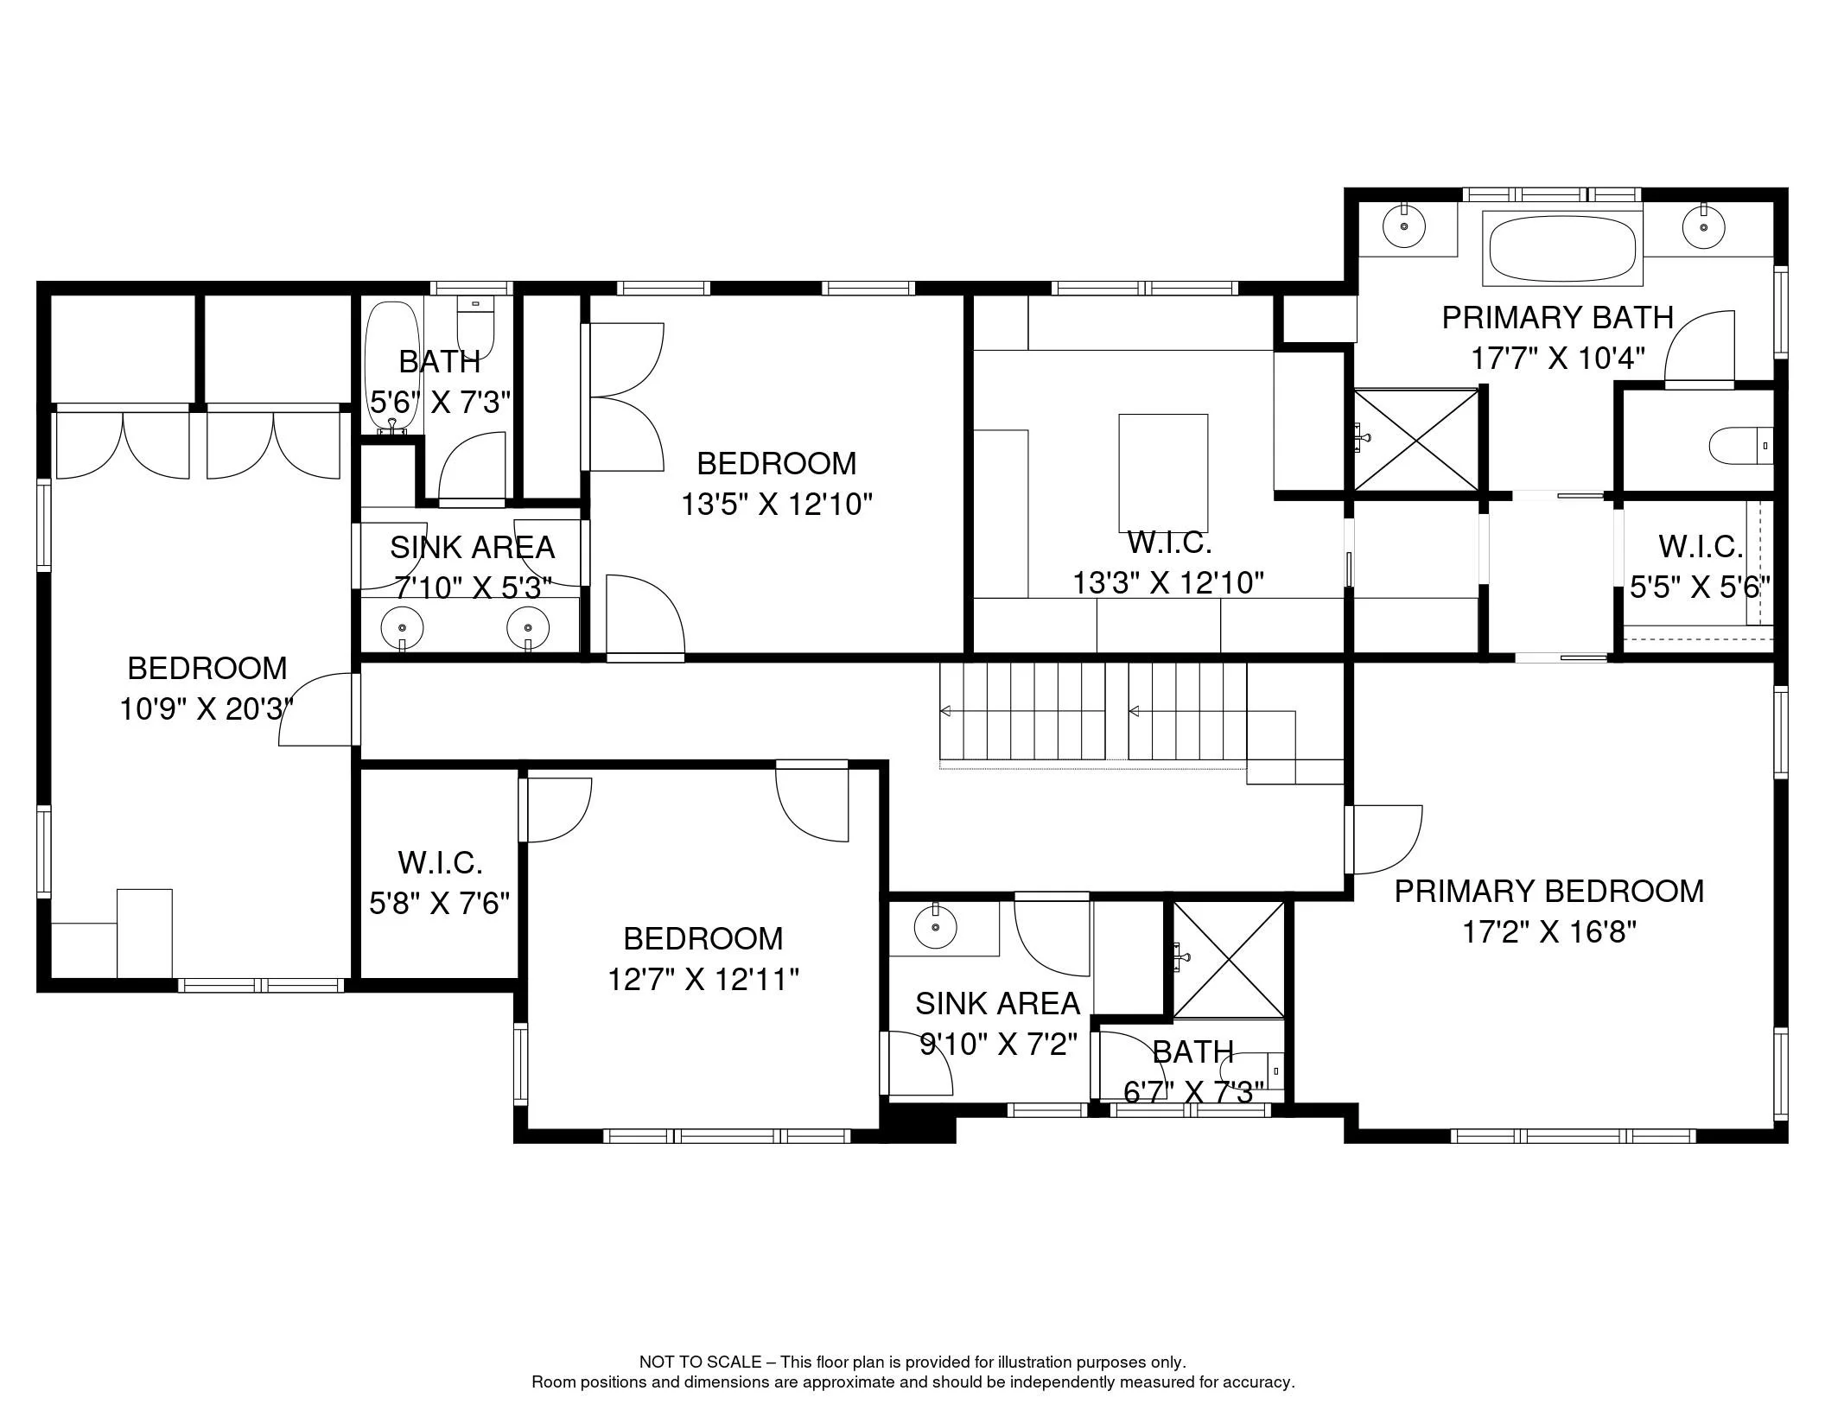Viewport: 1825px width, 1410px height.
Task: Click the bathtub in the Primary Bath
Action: point(1562,248)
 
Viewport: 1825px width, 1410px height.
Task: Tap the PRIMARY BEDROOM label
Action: point(1549,892)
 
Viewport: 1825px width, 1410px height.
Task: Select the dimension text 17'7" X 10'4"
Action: point(1557,358)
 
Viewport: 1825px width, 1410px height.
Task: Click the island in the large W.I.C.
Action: point(1163,473)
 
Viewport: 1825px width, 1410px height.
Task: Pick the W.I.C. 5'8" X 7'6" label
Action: point(440,883)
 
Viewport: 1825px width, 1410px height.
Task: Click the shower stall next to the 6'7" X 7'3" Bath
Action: point(1228,959)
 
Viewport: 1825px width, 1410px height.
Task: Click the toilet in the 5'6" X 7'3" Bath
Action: point(474,327)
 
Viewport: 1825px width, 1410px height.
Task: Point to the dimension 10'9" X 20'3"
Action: point(207,709)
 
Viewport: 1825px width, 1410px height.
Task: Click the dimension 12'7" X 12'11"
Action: point(703,980)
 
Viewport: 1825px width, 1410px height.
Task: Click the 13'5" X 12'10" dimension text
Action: point(777,504)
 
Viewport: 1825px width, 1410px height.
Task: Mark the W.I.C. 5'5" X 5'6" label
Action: point(1700,567)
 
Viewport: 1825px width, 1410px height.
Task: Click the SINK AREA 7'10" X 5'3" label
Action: point(472,568)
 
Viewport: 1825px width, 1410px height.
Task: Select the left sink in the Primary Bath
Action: point(1404,226)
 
